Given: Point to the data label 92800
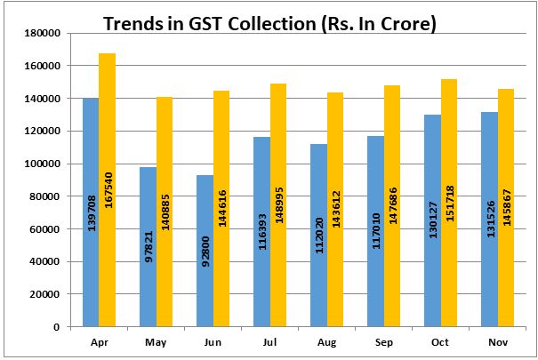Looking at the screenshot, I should pyautogui.click(x=205, y=252).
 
